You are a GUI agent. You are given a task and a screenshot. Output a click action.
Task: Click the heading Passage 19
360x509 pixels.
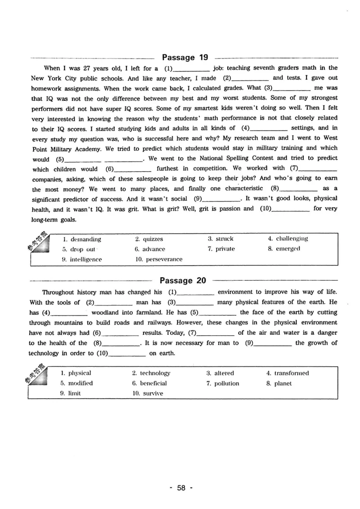(x=184, y=57)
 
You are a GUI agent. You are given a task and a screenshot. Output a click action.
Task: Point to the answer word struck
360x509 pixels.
(x=224, y=239)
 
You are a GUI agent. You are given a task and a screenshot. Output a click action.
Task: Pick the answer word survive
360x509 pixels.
(x=153, y=393)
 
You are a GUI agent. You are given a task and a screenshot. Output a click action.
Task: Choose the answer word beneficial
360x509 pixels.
(x=153, y=383)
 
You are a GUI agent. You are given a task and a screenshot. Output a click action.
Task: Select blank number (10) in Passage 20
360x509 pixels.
(x=127, y=353)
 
